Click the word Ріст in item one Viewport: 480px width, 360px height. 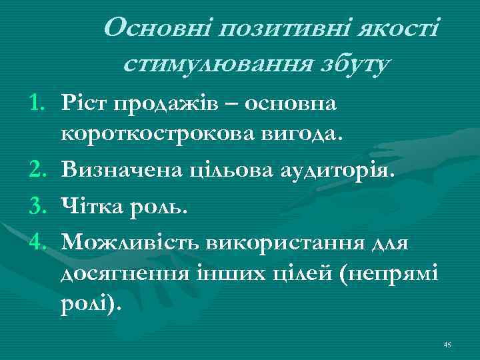click(x=83, y=103)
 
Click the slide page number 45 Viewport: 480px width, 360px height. click(x=447, y=344)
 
